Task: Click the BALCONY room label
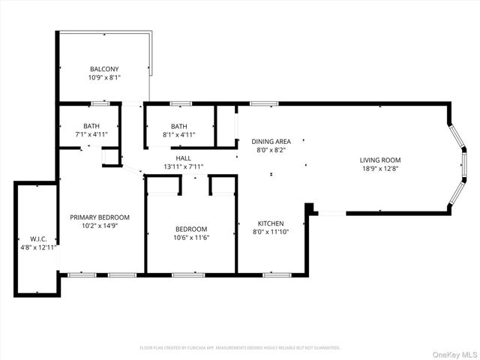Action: click(x=104, y=69)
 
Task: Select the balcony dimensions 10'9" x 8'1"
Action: click(x=104, y=77)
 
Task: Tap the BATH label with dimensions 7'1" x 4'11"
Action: click(x=91, y=126)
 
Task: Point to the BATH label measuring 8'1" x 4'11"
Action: click(x=178, y=126)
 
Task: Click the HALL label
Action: click(x=183, y=158)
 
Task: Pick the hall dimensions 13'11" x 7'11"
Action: click(x=183, y=166)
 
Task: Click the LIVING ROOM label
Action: click(x=380, y=160)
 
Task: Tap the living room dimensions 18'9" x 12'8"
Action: click(x=380, y=168)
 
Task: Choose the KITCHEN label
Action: click(x=271, y=223)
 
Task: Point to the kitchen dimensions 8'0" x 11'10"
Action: click(x=271, y=232)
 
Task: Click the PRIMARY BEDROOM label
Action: click(x=100, y=217)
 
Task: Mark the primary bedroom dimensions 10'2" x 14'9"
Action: click(x=100, y=226)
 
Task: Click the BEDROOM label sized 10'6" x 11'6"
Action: click(x=192, y=229)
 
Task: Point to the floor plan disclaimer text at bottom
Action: click(x=240, y=347)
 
